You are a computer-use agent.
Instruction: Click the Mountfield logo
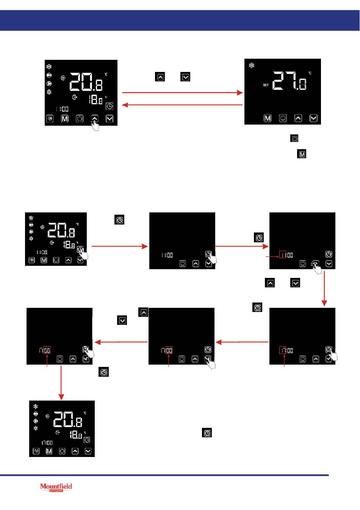click(x=56, y=487)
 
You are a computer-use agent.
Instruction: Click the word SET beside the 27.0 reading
click(x=266, y=85)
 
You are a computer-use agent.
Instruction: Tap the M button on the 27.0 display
click(x=268, y=118)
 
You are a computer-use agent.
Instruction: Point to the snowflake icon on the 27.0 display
click(x=251, y=66)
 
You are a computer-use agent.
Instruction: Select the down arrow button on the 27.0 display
click(x=313, y=118)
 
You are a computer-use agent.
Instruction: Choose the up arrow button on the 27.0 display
click(x=298, y=118)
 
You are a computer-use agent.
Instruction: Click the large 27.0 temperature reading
click(x=290, y=81)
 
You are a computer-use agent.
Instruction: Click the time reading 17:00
click(x=47, y=443)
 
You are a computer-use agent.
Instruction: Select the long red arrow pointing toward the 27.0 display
click(x=182, y=92)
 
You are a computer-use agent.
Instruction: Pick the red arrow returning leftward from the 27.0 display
click(x=182, y=105)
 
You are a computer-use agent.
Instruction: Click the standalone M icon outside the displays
click(x=302, y=154)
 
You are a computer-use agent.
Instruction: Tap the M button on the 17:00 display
click(x=49, y=451)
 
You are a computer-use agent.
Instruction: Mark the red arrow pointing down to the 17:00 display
click(x=61, y=382)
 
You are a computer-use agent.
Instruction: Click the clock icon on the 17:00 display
click(x=87, y=440)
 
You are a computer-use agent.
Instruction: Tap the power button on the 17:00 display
click(x=62, y=451)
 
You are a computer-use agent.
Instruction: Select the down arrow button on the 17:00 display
click(x=88, y=451)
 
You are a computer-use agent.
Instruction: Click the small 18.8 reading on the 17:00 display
click(x=75, y=435)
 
